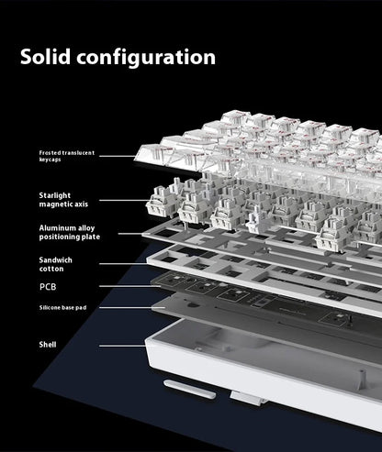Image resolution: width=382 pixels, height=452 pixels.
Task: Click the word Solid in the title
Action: click(x=45, y=57)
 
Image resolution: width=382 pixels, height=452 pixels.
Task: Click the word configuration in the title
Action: click(x=146, y=58)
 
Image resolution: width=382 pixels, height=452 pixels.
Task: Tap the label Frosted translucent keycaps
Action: click(x=67, y=156)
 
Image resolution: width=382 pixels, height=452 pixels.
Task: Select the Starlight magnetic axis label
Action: click(x=63, y=200)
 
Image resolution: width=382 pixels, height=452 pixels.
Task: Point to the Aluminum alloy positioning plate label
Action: click(x=70, y=232)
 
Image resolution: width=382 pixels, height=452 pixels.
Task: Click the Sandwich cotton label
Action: click(x=56, y=264)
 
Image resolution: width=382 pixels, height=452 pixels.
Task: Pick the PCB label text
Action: click(x=48, y=287)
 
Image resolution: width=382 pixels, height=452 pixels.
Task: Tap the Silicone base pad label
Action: click(x=62, y=307)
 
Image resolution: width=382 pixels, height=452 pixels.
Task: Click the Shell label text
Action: click(x=48, y=345)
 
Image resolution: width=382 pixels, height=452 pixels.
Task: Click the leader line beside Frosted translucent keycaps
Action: click(x=118, y=156)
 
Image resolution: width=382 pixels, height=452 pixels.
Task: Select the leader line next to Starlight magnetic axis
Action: click(x=124, y=201)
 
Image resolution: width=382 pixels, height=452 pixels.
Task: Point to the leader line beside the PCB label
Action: click(x=130, y=286)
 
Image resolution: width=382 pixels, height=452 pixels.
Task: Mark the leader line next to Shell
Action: click(x=122, y=346)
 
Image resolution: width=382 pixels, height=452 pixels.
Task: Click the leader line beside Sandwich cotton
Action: click(x=123, y=264)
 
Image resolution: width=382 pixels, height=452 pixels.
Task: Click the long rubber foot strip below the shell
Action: click(x=190, y=389)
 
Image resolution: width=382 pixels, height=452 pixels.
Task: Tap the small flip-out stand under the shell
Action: click(x=245, y=399)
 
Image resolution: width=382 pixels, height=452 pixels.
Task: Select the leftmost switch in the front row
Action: click(x=163, y=202)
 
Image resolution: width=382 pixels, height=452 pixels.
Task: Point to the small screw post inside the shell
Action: click(x=362, y=376)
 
